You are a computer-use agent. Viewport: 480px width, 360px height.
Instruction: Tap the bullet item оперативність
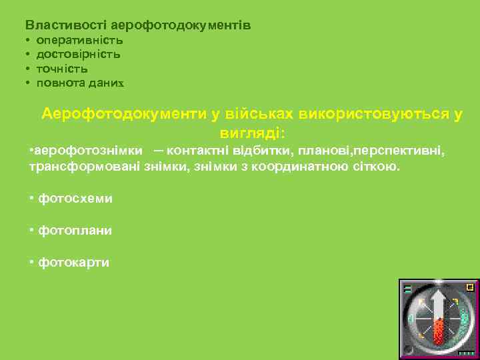click(79, 40)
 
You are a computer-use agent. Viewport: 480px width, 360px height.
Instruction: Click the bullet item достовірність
click(79, 54)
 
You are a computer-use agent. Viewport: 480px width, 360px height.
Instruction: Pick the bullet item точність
click(62, 69)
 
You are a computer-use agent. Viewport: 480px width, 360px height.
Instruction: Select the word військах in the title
click(259, 113)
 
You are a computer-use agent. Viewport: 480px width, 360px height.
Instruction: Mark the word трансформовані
click(85, 165)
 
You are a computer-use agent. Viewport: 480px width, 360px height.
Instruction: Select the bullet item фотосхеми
click(75, 198)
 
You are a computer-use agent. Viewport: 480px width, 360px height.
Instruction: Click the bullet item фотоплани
click(75, 230)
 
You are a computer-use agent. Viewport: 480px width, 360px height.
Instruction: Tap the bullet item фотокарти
click(74, 262)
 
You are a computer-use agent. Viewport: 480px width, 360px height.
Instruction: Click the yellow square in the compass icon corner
click(470, 287)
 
